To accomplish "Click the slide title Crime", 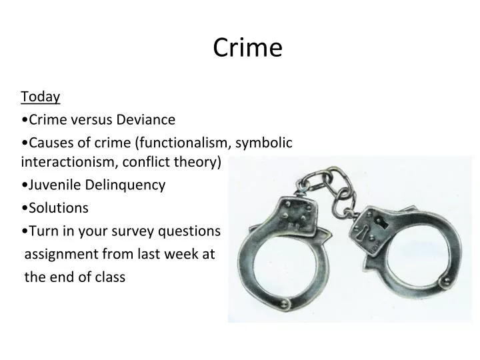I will [248, 48].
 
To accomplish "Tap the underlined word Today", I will [41, 97].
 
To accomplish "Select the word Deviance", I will [146, 120].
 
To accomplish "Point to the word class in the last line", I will [109, 277].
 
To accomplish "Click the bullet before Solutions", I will [24, 208].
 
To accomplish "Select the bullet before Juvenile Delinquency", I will [24, 185].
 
